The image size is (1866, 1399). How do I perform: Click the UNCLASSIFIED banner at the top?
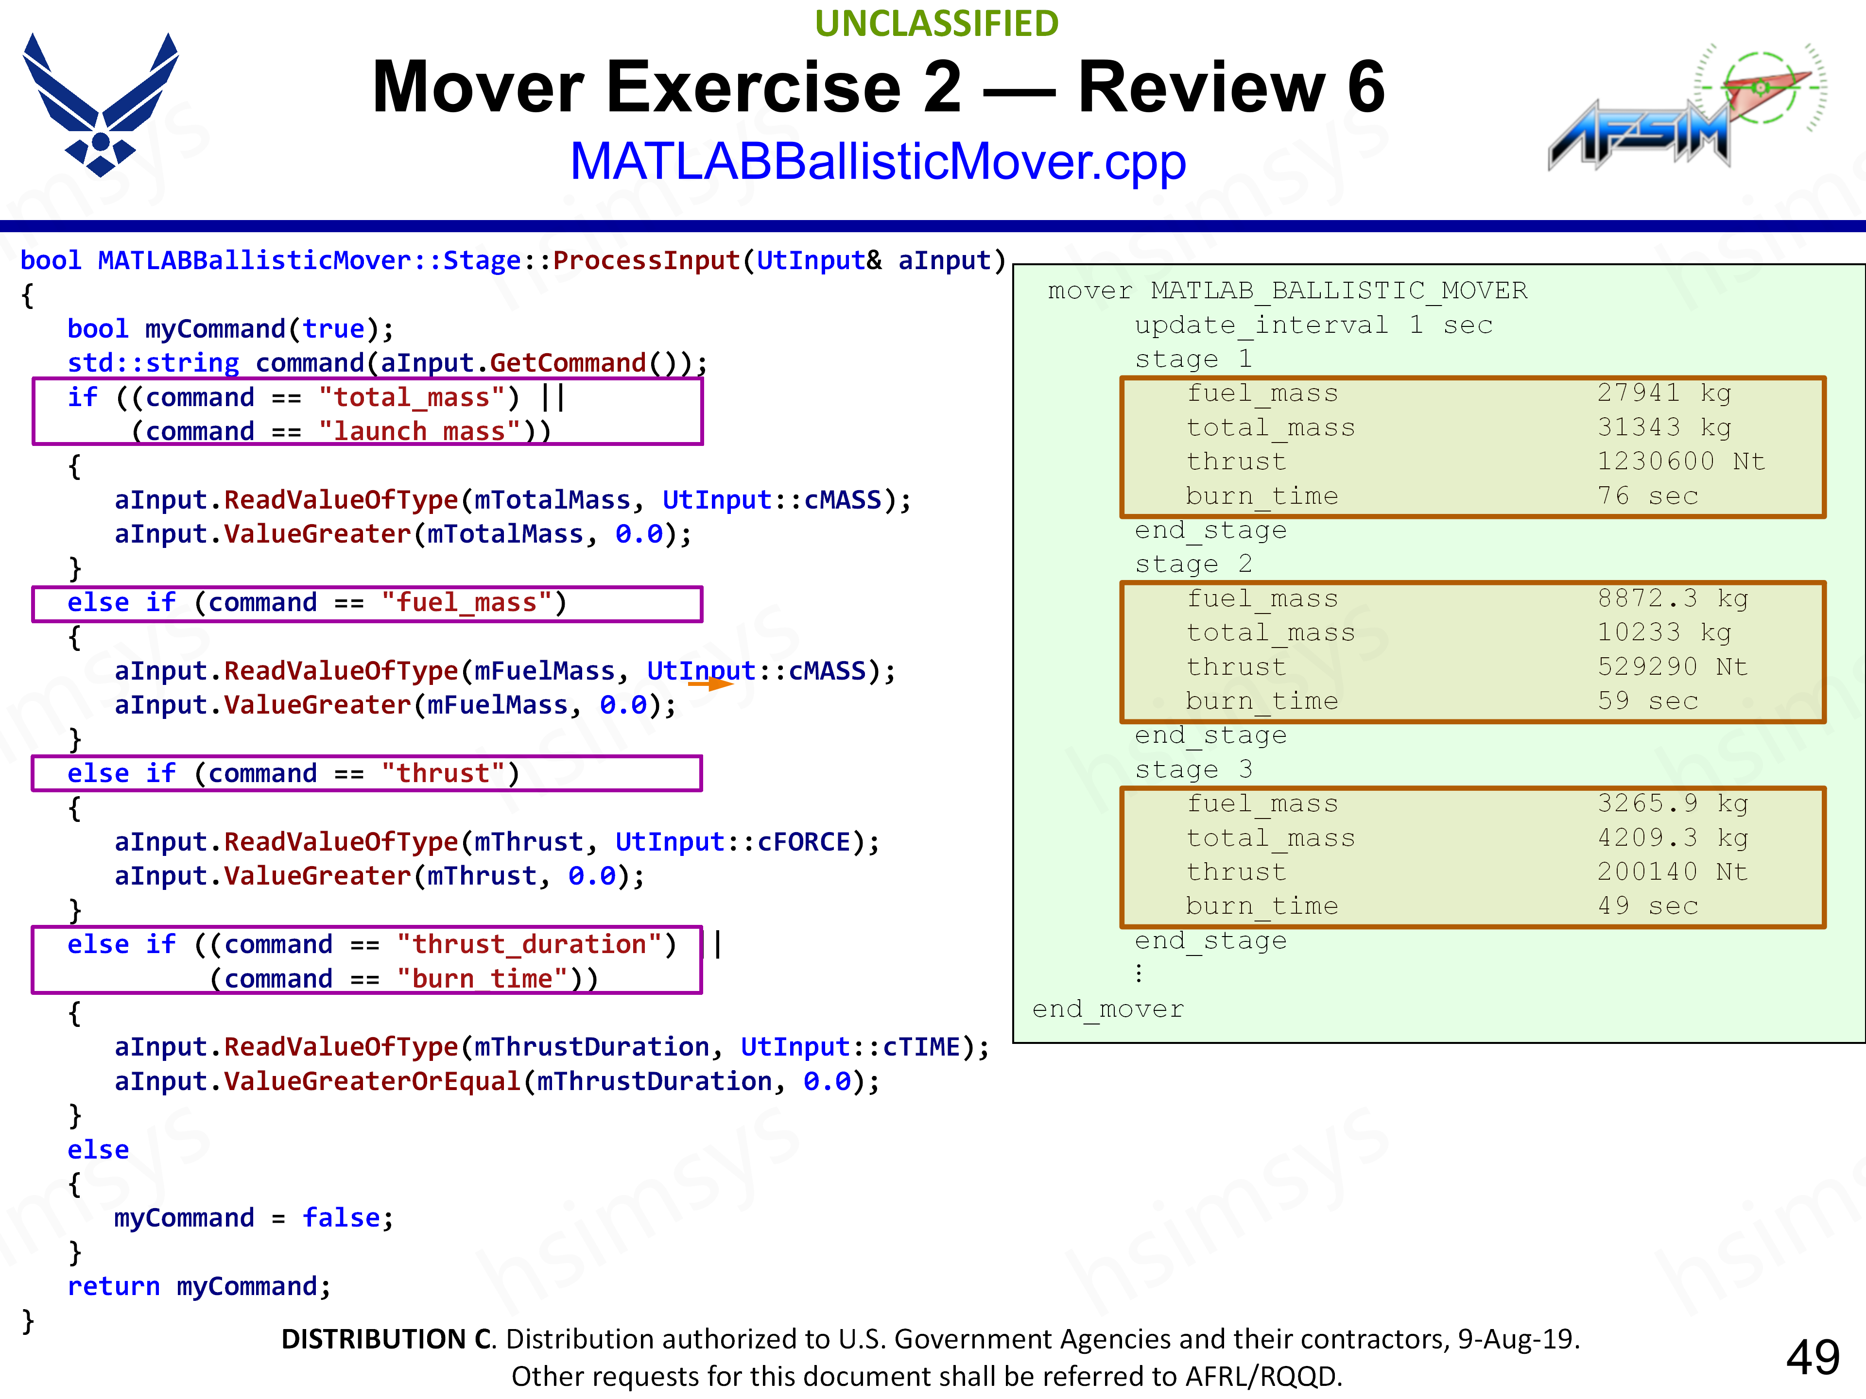(x=936, y=24)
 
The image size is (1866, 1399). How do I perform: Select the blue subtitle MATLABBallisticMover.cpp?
(x=877, y=161)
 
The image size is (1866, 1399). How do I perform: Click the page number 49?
(x=1812, y=1358)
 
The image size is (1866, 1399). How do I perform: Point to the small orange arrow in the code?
(x=710, y=684)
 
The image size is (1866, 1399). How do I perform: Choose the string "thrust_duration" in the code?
(x=536, y=944)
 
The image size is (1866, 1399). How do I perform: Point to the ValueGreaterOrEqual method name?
(x=372, y=1081)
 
